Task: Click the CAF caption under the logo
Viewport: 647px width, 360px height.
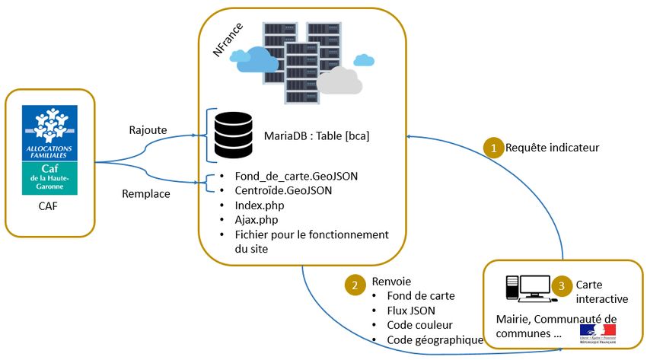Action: coord(49,205)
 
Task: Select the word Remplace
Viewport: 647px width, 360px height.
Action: coord(146,193)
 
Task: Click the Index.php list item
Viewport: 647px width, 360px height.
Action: coord(257,205)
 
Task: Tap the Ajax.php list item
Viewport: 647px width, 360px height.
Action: coord(254,219)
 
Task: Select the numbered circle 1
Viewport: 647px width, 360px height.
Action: coord(493,148)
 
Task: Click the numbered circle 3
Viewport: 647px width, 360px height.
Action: coord(561,288)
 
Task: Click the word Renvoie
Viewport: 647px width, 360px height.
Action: coord(392,281)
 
